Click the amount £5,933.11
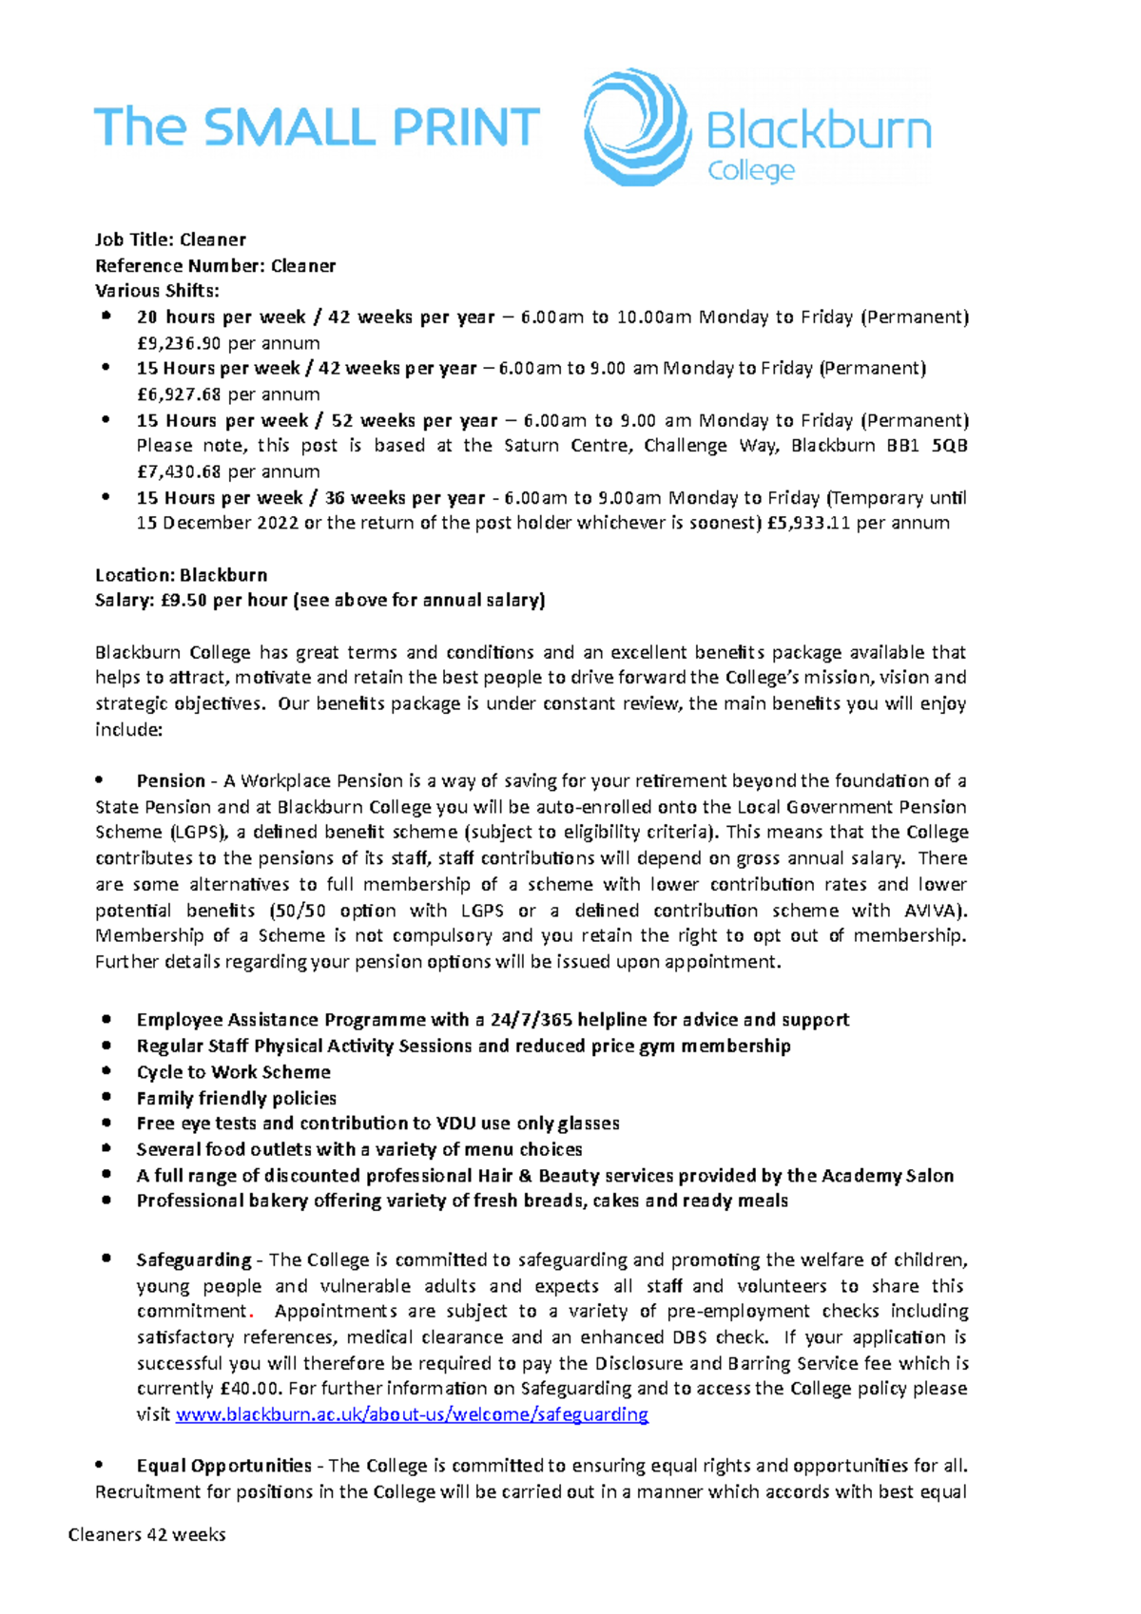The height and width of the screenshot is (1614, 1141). (x=808, y=523)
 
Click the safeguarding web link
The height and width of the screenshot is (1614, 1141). (x=412, y=1414)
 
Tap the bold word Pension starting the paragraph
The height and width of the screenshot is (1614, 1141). (x=171, y=781)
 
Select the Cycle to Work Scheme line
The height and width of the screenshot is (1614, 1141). (x=233, y=1072)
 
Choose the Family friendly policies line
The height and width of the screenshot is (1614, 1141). (x=236, y=1098)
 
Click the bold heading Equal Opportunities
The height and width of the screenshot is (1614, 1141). (x=223, y=1466)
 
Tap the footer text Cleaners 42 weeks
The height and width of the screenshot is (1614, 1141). (x=146, y=1535)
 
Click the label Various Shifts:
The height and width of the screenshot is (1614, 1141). (x=157, y=292)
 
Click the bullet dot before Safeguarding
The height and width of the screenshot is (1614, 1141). (x=106, y=1259)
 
